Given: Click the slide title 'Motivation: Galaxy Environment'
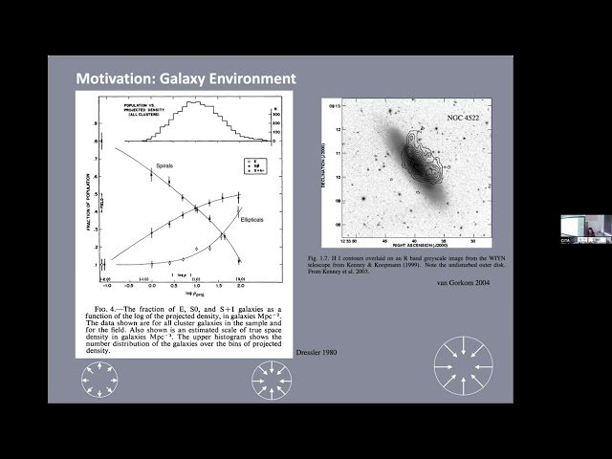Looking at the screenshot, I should point(186,78).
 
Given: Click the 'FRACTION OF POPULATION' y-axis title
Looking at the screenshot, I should point(90,192).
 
